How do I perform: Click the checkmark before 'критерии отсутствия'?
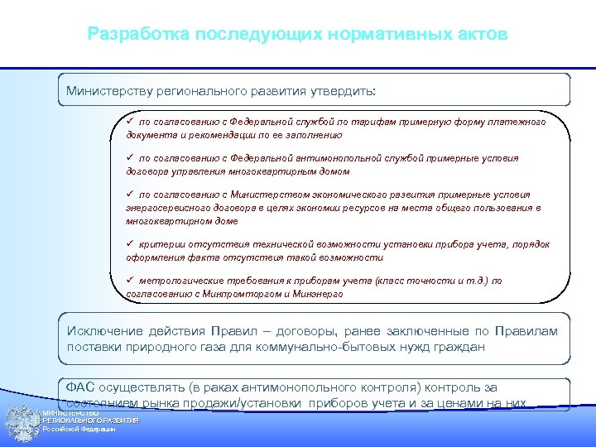130,244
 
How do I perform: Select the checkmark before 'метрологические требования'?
130,281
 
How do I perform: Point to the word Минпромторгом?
243,294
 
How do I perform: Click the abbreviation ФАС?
80,387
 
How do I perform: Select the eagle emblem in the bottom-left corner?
21,424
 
